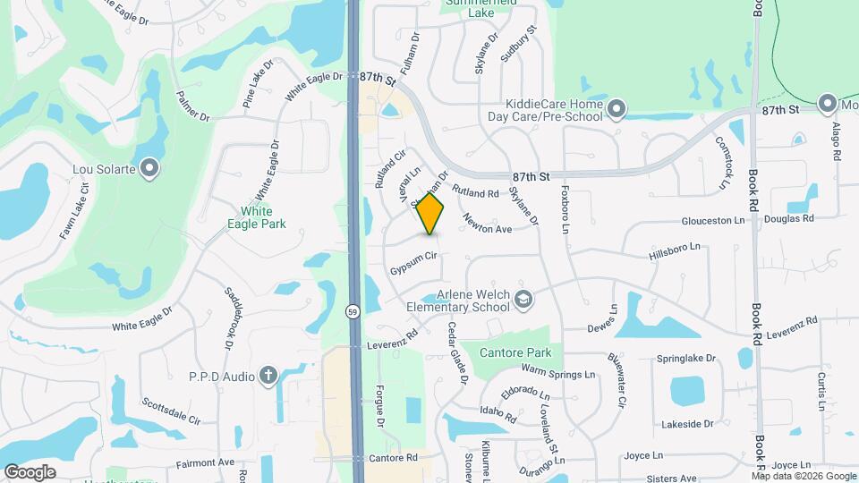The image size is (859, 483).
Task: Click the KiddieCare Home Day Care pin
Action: tap(616, 110)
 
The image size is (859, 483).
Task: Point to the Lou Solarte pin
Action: tap(149, 167)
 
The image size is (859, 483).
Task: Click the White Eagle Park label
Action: tap(262, 217)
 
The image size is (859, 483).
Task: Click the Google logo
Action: tap(30, 471)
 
